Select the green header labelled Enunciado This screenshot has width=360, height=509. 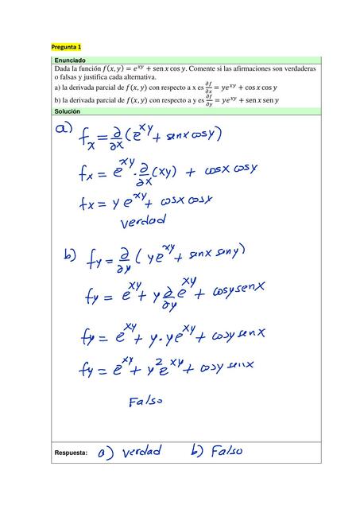(69, 60)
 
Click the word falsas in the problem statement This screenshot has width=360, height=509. (70, 79)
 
